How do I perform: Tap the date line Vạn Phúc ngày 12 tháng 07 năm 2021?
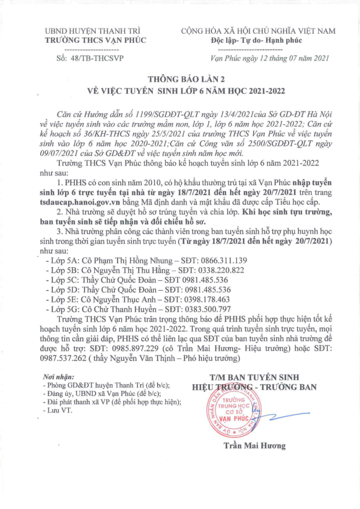270,58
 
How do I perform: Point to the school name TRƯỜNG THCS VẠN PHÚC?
95,40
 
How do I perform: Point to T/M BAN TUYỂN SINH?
255,377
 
